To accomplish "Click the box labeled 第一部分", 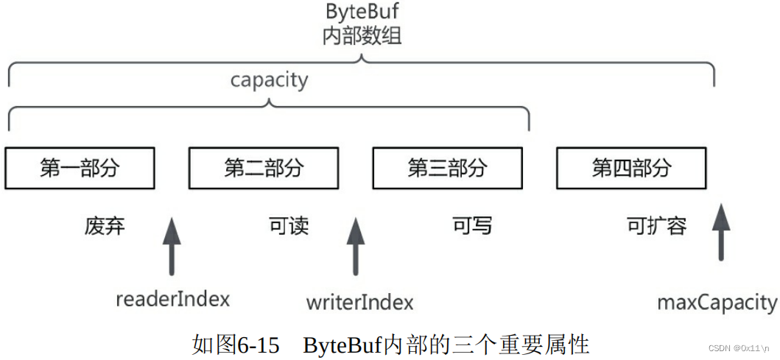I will [80, 168].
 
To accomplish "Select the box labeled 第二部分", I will [264, 168].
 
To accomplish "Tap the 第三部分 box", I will [447, 168].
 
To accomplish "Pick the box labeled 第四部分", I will [631, 168].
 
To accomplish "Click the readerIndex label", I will [172, 299].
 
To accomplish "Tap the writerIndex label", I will [359, 302].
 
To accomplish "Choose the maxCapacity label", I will [717, 302].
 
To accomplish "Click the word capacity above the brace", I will [269, 80].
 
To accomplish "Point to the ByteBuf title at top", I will [362, 13].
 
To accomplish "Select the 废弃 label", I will [105, 225].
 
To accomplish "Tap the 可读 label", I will [289, 225].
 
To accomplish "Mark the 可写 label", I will [472, 225].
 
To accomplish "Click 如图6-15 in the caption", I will [236, 345].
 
